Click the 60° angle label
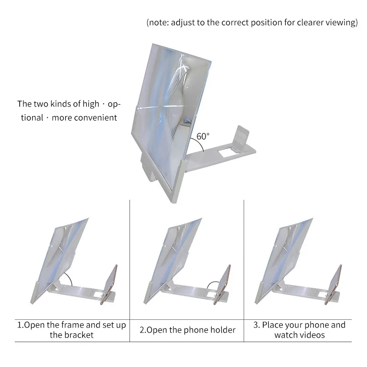pos(203,136)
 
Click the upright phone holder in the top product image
pos(239,138)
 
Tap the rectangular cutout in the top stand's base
pos(224,149)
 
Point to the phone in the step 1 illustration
pos(112,283)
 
